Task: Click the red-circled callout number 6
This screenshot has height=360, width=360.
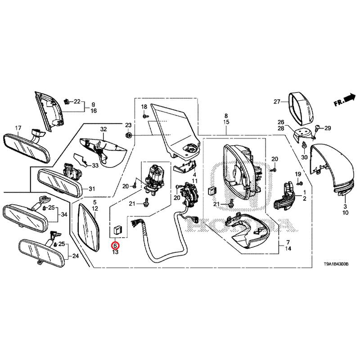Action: pos(115,245)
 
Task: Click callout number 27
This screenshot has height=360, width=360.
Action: pos(277,102)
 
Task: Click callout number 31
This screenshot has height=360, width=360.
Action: pos(92,189)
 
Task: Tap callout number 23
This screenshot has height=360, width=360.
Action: pos(128,125)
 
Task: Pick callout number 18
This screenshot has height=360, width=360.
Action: pos(144,106)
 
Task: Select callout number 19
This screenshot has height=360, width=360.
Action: pos(298,174)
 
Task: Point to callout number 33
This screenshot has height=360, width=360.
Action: pos(95,166)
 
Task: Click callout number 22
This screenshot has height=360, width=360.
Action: pos(76,102)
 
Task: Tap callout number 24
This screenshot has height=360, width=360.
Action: pos(75,257)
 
